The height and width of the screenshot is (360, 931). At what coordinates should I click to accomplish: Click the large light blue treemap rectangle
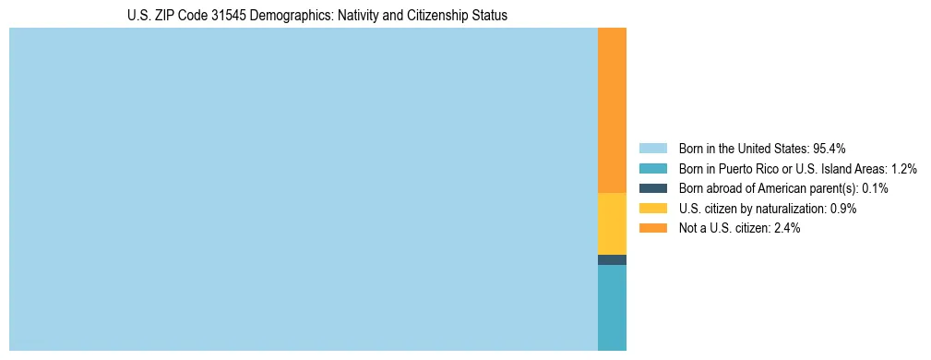pyautogui.click(x=304, y=189)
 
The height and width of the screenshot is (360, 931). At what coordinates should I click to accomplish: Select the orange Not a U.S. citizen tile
pyautogui.click(x=612, y=110)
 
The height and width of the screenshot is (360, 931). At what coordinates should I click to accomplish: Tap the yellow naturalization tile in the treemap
pyautogui.click(x=612, y=223)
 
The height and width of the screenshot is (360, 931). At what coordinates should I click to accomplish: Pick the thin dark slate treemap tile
pyautogui.click(x=612, y=259)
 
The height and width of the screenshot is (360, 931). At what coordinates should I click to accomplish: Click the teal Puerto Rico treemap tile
pyautogui.click(x=612, y=307)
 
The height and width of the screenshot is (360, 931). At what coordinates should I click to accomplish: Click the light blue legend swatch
pyautogui.click(x=652, y=149)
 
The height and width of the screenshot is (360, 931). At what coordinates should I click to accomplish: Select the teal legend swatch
pyautogui.click(x=652, y=169)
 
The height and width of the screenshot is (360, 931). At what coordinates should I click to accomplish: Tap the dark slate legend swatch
pyautogui.click(x=652, y=188)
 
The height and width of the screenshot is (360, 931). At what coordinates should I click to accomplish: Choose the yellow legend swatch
pyautogui.click(x=652, y=209)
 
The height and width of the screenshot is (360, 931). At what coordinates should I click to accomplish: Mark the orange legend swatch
pyautogui.click(x=652, y=229)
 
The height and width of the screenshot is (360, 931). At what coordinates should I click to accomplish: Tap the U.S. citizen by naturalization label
pyautogui.click(x=752, y=209)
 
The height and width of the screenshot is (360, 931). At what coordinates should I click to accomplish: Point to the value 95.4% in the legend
pyautogui.click(x=830, y=149)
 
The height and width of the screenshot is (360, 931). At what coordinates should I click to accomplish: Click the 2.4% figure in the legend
pyautogui.click(x=788, y=229)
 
